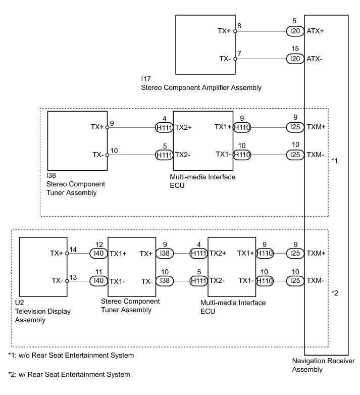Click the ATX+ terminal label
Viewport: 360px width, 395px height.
tap(315, 31)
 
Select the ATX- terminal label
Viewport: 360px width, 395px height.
tap(315, 59)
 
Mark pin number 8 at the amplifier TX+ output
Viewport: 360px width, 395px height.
tap(239, 25)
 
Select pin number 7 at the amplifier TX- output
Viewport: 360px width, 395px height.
tap(239, 53)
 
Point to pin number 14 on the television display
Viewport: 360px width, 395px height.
tap(73, 249)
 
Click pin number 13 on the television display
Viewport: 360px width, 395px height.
tap(73, 277)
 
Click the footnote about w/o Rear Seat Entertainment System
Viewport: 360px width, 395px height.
tap(71, 356)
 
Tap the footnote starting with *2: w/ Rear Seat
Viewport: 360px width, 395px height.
tap(69, 375)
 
